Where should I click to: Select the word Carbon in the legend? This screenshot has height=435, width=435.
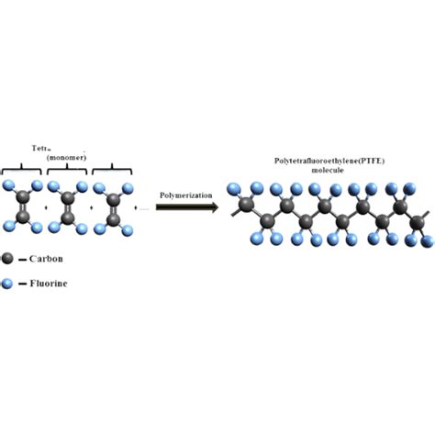(x=44, y=260)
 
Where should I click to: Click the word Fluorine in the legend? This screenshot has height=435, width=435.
(x=47, y=284)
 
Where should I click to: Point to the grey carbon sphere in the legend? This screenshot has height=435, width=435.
(x=8, y=260)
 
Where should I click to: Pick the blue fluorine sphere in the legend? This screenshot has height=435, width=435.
(x=8, y=284)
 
